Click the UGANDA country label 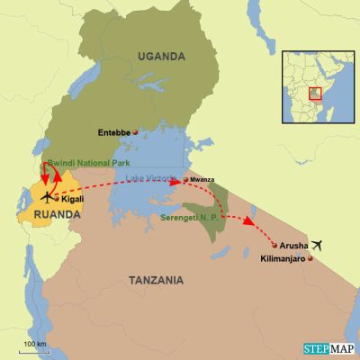pyautogui.click(x=161, y=57)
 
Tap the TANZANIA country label pyautogui.click(x=154, y=281)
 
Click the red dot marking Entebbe pyautogui.click(x=135, y=133)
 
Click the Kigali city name pyautogui.click(x=73, y=198)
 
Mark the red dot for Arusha pyautogui.click(x=274, y=245)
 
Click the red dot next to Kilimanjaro pyautogui.click(x=310, y=259)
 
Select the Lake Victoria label pyautogui.click(x=156, y=180)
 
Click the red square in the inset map pyautogui.click(x=315, y=93)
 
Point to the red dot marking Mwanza pyautogui.click(x=184, y=179)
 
